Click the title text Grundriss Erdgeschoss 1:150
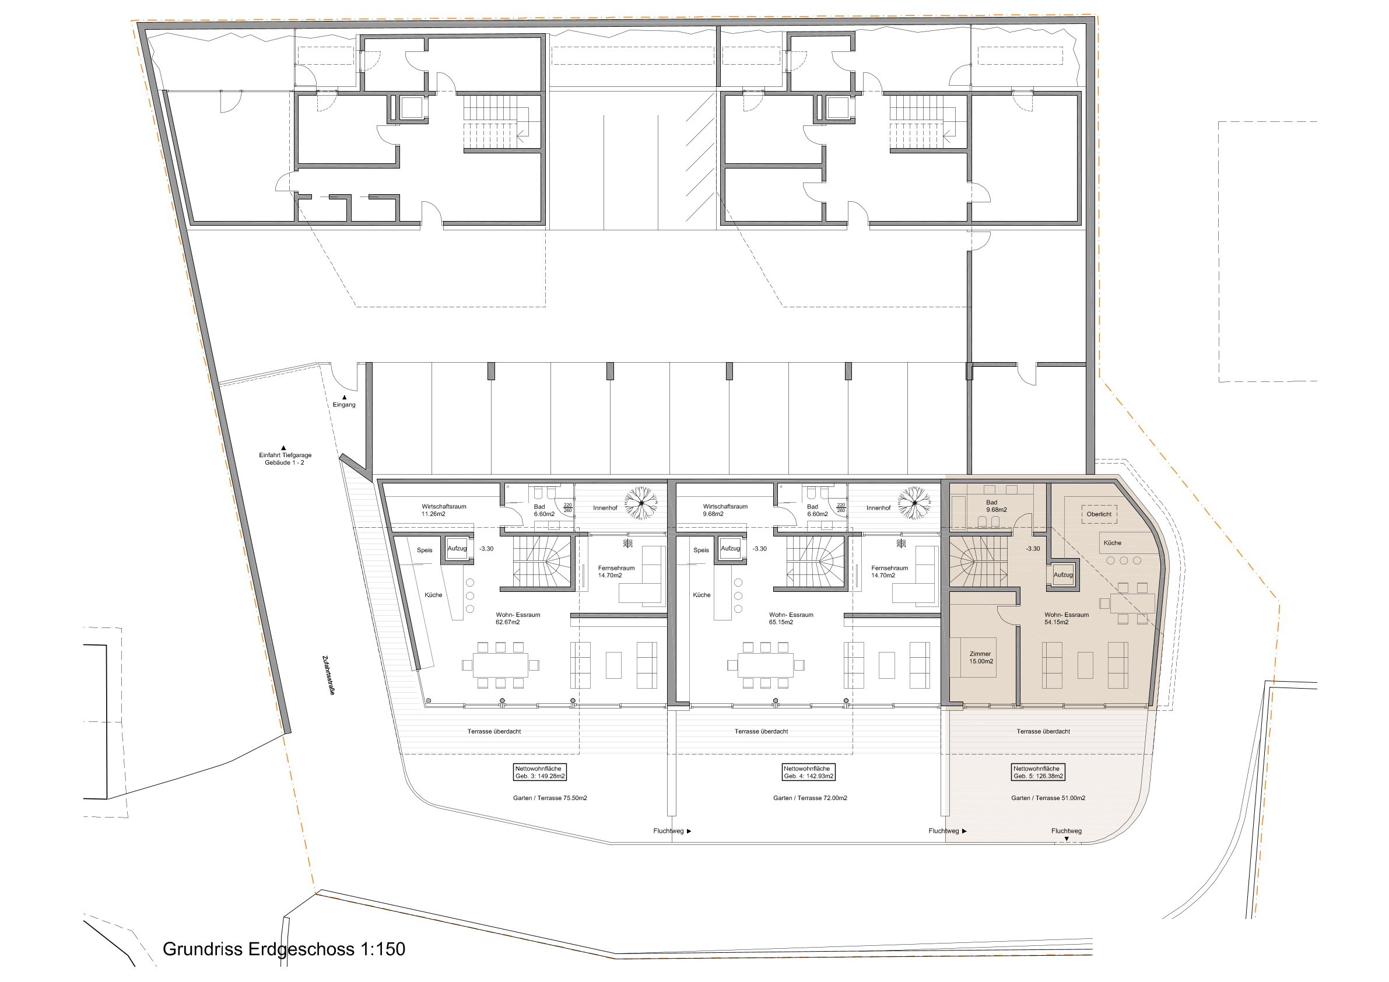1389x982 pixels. (284, 948)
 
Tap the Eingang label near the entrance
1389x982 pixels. (344, 405)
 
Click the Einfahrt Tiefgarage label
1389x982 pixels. (285, 458)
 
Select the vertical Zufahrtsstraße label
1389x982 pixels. (328, 675)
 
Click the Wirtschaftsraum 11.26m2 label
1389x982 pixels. (444, 510)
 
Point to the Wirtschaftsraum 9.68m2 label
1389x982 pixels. (725, 510)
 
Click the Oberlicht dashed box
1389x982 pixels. (1099, 514)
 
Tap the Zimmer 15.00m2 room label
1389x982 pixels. (981, 658)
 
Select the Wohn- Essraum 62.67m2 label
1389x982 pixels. (518, 618)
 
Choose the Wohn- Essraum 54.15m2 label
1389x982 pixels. (1067, 618)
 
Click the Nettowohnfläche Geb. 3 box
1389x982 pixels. (540, 772)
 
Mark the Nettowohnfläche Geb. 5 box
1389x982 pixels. (1039, 772)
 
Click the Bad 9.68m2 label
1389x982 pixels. (991, 506)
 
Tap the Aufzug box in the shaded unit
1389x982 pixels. (1063, 575)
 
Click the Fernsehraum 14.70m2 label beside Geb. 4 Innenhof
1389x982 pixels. (890, 572)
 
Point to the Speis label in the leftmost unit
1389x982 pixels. (425, 550)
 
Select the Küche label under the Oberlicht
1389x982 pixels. (1112, 543)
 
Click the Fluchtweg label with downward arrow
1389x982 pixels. (1067, 834)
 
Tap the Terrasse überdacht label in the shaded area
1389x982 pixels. (1044, 731)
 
